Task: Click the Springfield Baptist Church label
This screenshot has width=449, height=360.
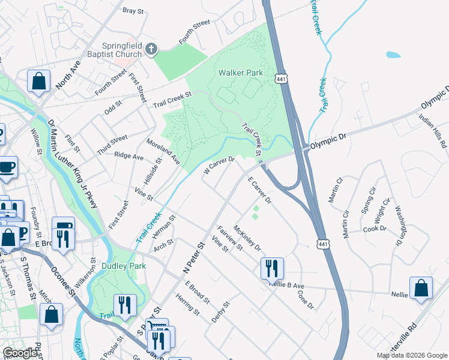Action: point(122,50)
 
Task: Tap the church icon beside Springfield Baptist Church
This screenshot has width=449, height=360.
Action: point(151,49)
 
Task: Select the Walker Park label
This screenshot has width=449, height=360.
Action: point(240,73)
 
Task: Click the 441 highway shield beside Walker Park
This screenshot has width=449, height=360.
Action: point(281,79)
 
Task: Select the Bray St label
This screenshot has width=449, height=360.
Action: point(134,11)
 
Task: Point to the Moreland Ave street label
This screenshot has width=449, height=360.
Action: point(163,151)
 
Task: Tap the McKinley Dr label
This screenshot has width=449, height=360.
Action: point(247,238)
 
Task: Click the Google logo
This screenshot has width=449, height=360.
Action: point(20,353)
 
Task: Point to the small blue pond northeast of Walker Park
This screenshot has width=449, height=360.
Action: point(393,55)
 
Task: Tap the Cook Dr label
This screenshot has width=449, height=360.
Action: point(375,229)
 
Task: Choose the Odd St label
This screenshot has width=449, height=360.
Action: point(113,107)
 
